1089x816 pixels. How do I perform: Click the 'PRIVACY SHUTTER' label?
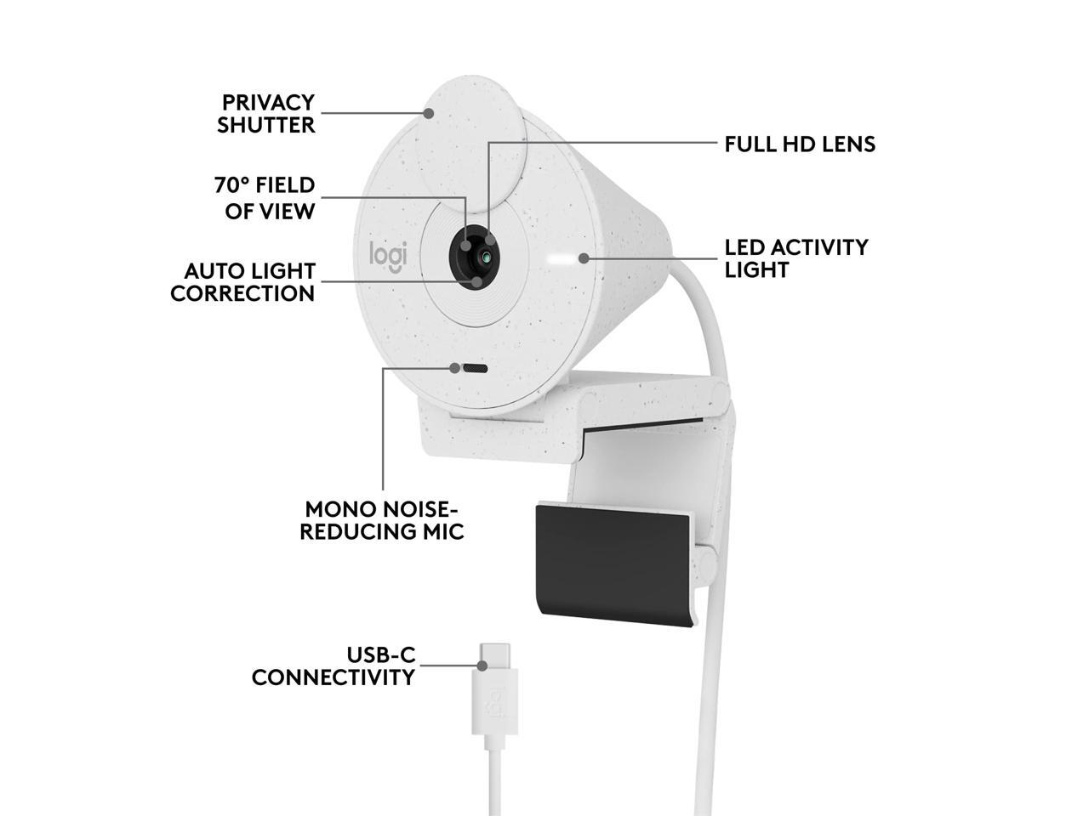[x=266, y=114]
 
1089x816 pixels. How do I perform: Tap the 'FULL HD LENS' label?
[x=799, y=144]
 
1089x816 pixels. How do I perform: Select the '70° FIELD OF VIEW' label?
[x=265, y=198]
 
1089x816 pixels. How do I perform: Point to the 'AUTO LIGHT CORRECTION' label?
[x=243, y=282]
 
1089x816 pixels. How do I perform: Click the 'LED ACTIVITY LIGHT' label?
[x=795, y=258]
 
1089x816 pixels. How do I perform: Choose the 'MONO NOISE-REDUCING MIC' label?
[x=385, y=520]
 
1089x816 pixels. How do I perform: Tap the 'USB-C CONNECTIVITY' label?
[x=334, y=666]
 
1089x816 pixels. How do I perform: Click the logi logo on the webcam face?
[x=388, y=255]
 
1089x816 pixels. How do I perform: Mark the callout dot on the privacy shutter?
[x=430, y=112]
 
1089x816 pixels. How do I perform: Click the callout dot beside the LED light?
[x=584, y=258]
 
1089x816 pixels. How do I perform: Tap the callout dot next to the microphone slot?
[x=455, y=368]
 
